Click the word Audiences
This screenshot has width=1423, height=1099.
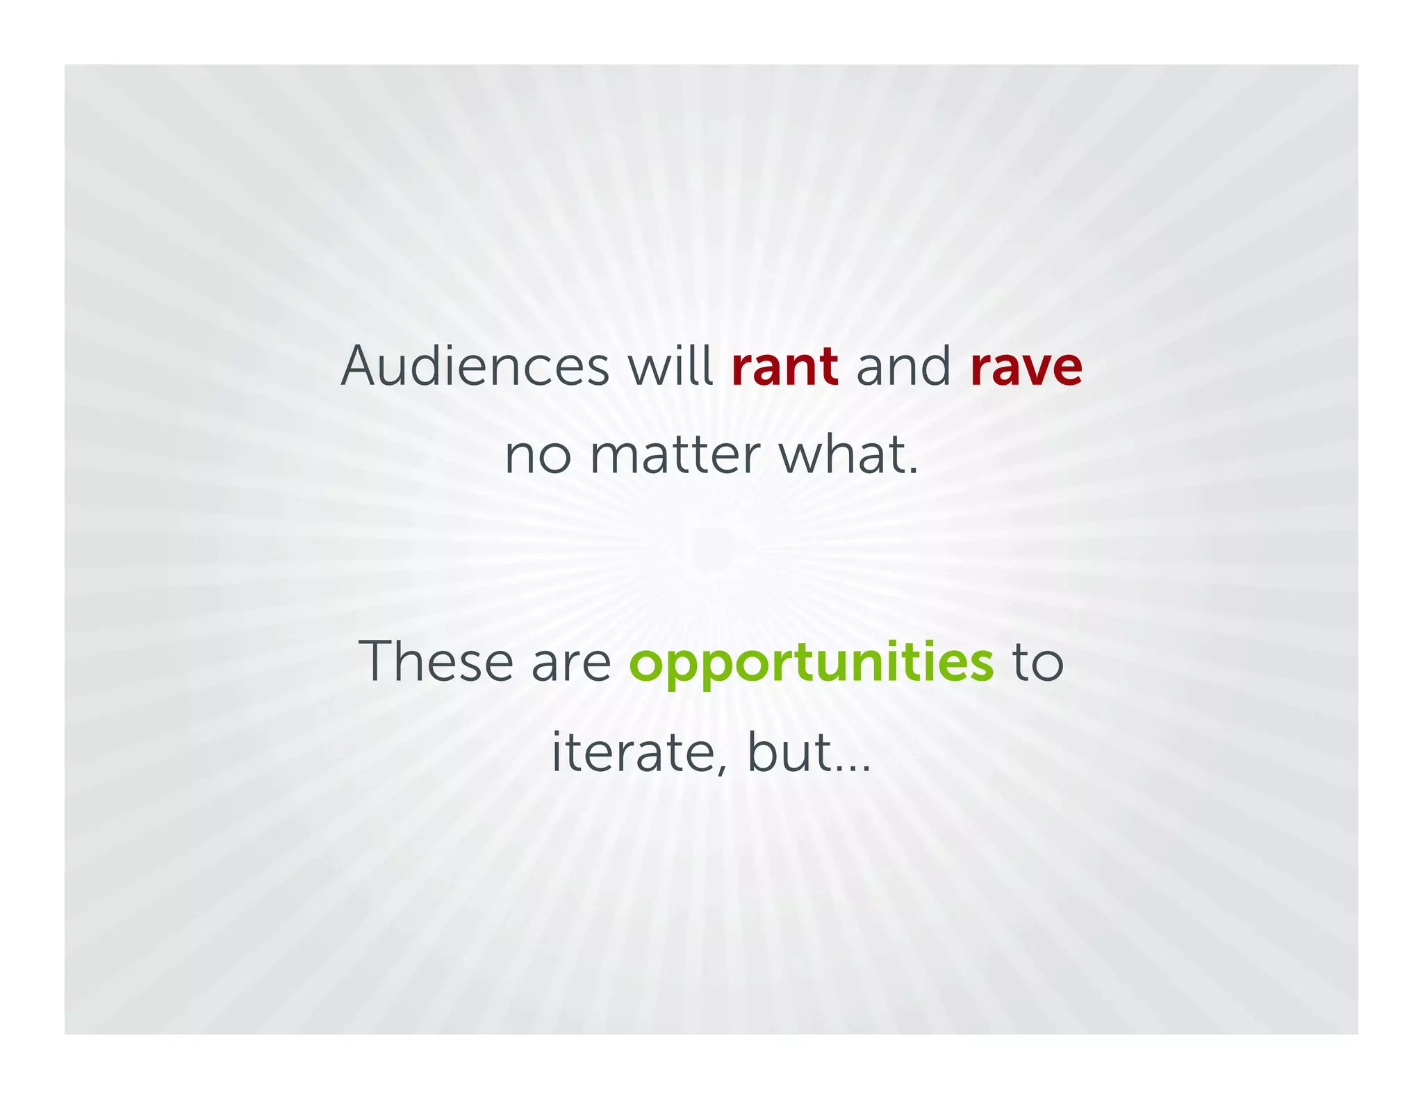tap(475, 366)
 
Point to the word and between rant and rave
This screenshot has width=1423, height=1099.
tap(903, 366)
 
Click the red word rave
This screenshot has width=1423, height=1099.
tap(1026, 368)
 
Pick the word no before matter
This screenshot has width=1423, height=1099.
tap(538, 456)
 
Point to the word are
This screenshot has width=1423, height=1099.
tap(570, 664)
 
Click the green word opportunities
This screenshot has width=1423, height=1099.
tap(811, 665)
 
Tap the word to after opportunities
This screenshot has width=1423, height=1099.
tap(1037, 663)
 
